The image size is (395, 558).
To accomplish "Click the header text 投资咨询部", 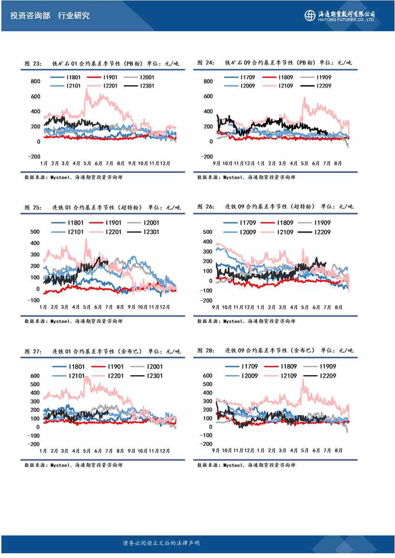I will pos(29,15).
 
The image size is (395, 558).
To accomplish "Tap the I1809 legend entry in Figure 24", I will pos(285,78).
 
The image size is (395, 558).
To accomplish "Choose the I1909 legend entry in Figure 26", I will pos(322,223).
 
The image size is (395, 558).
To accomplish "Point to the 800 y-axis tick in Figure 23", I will pos(35,81).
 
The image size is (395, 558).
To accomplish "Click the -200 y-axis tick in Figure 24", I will pos(207,156).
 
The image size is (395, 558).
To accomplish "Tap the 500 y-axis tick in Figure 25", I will pos(35,232).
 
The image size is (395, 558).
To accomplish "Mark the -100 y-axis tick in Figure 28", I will pos(207,435).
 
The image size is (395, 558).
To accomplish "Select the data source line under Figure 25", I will pos(73,321).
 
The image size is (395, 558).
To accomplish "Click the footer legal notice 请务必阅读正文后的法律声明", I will pos(161,543).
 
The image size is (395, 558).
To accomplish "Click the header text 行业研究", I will pos(74,15).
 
